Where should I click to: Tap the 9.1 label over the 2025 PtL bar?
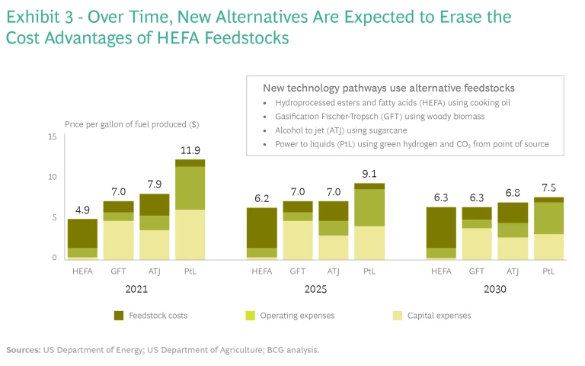point(369,174)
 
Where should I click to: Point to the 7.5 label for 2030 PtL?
point(548,188)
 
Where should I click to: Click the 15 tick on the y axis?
point(53,136)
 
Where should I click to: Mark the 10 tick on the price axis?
point(53,177)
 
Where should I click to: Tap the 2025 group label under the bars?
point(316,290)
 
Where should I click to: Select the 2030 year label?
point(494,290)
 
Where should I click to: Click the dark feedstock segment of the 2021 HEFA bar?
point(82,233)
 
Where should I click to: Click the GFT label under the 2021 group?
point(118,271)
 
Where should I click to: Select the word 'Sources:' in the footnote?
point(24,350)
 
